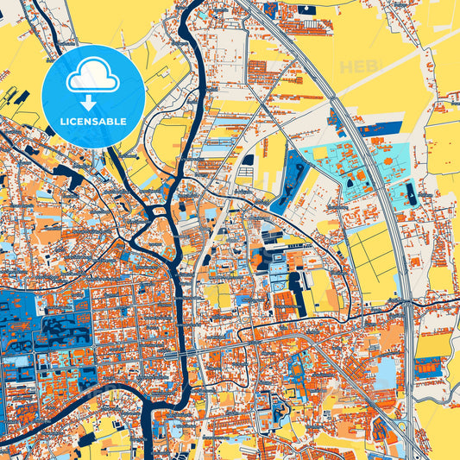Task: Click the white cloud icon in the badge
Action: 93,78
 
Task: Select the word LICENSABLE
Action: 93,122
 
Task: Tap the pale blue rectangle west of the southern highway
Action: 386,371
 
